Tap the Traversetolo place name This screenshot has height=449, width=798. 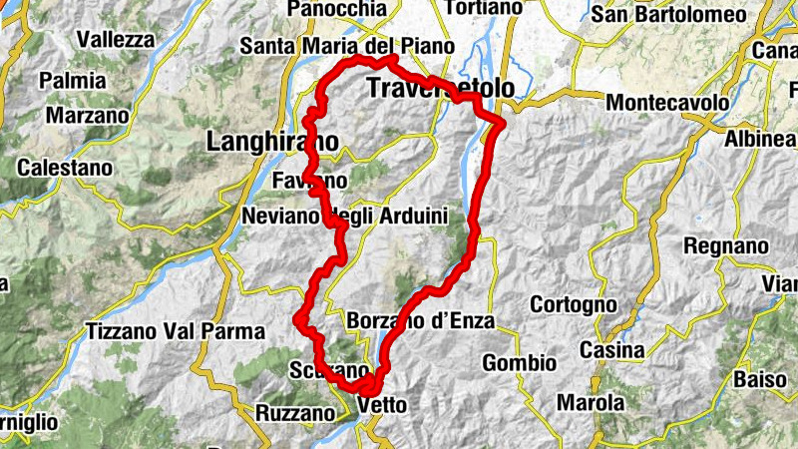coord(440,89)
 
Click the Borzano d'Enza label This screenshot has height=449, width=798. coord(423,321)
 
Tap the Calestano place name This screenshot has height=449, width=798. coord(65,168)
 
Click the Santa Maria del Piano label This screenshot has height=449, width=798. coord(347,47)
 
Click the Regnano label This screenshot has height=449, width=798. coord(726,245)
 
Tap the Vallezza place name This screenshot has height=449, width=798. coord(116,40)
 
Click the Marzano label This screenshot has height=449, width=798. coord(88,116)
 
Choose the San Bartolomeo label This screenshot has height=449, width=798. coord(682,14)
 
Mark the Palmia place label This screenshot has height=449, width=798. coord(73,80)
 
